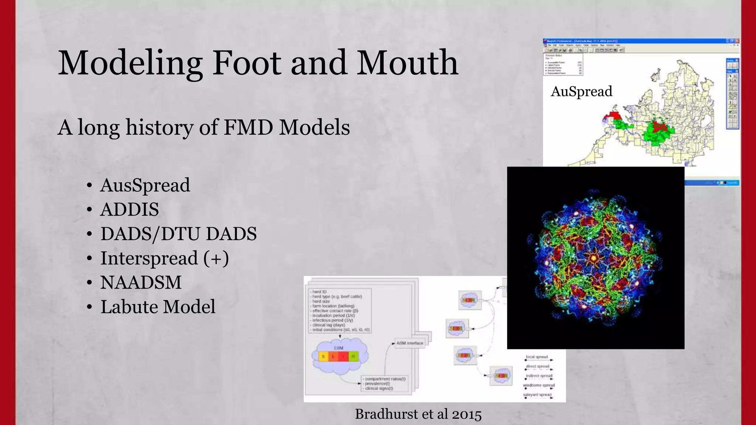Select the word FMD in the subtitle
pyautogui.click(x=248, y=128)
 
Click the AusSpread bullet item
pyautogui.click(x=145, y=185)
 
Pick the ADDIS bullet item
pyautogui.click(x=130, y=210)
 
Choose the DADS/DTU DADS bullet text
pyautogui.click(x=179, y=234)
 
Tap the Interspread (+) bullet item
pyautogui.click(x=165, y=258)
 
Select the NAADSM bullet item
pyautogui.click(x=141, y=283)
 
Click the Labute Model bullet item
pyautogui.click(x=158, y=307)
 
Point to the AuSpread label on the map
pyautogui.click(x=581, y=91)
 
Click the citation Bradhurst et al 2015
pyautogui.click(x=418, y=414)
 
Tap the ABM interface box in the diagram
pyautogui.click(x=410, y=343)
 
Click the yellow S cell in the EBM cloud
pyautogui.click(x=323, y=356)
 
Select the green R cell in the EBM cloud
pyautogui.click(x=353, y=356)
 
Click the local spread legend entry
pyautogui.click(x=537, y=357)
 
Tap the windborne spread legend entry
pyautogui.click(x=539, y=385)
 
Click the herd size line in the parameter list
pyautogui.click(x=321, y=301)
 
